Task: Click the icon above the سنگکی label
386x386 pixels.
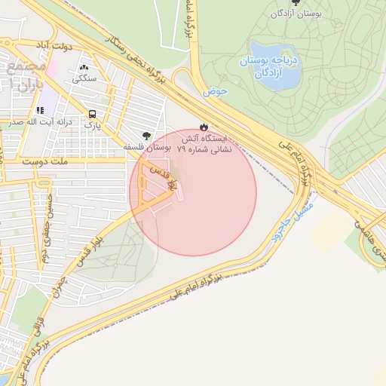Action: click(83, 65)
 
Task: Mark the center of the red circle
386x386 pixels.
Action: click(193, 193)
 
